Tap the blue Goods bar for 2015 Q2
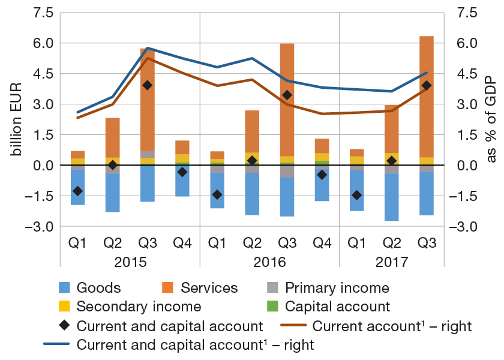(112, 193)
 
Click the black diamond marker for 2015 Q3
(148, 85)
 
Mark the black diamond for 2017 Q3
(427, 85)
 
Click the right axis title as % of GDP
(491, 120)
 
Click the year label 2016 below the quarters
(269, 262)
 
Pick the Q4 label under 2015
(182, 243)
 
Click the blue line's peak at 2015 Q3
(148, 48)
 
